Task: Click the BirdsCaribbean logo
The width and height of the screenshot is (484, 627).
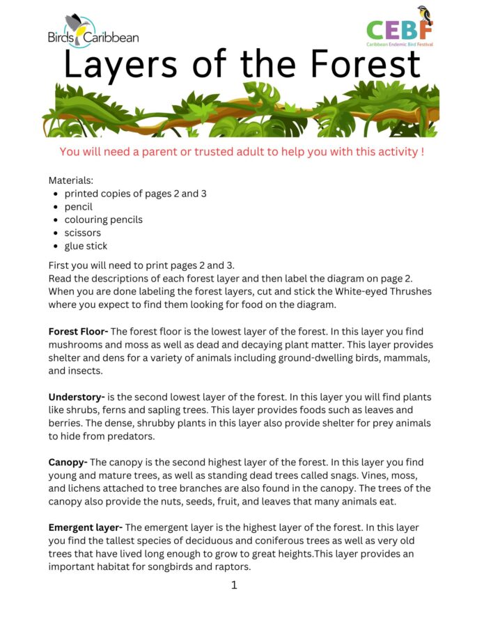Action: click(93, 33)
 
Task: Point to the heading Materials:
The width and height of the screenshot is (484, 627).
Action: click(70, 180)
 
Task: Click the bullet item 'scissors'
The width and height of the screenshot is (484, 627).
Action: click(82, 233)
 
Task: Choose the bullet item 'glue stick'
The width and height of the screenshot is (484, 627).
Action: click(86, 246)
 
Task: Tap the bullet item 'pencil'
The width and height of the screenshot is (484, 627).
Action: click(78, 207)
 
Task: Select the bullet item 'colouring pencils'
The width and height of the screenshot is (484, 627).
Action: click(103, 219)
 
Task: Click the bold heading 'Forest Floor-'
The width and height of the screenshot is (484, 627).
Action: click(78, 332)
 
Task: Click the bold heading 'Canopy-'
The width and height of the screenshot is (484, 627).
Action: click(68, 463)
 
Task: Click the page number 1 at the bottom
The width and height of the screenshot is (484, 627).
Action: click(234, 585)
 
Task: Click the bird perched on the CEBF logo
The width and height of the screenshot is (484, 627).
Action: click(423, 15)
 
